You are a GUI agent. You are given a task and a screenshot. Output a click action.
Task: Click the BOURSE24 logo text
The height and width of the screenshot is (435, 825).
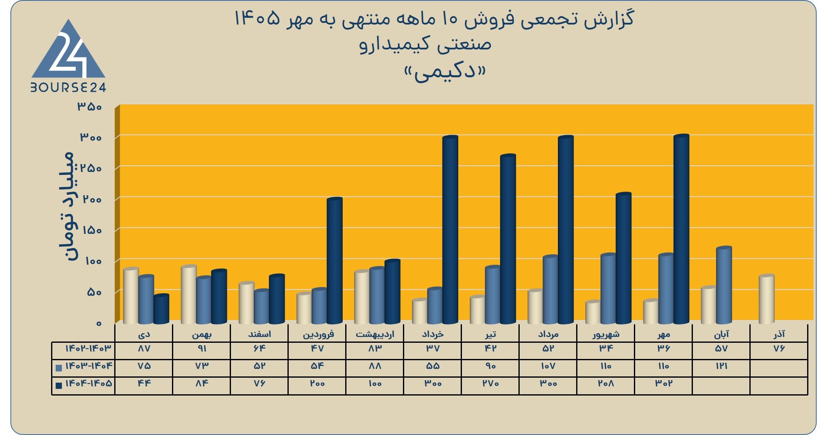tap(68, 87)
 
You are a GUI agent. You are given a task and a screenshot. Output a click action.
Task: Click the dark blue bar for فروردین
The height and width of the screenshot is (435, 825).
tap(334, 261)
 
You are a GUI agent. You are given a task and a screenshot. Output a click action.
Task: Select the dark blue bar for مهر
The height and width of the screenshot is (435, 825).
tap(681, 229)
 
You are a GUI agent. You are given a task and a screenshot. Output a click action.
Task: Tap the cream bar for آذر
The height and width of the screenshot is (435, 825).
tap(766, 299)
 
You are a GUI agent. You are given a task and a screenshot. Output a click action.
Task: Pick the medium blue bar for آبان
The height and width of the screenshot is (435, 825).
tap(724, 285)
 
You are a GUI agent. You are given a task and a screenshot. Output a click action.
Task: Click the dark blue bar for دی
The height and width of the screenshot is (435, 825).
tap(161, 309)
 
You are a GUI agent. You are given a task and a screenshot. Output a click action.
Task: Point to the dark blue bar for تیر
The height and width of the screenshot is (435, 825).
tap(508, 239)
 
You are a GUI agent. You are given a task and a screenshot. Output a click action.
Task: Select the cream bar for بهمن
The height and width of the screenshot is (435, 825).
tap(189, 294)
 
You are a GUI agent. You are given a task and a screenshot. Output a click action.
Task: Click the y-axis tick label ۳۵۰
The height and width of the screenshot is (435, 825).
tap(89, 107)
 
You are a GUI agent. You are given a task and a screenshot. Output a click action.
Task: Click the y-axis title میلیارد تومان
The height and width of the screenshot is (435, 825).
tap(67, 206)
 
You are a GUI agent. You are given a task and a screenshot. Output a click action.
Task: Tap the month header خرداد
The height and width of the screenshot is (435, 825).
tap(432, 334)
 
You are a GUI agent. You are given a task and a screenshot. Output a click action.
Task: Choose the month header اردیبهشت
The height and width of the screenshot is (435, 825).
tap(375, 334)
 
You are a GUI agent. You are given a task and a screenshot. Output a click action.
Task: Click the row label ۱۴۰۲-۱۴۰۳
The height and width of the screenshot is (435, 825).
tap(88, 348)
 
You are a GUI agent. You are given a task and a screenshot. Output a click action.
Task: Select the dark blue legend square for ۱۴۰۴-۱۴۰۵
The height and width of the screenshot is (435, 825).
tap(59, 385)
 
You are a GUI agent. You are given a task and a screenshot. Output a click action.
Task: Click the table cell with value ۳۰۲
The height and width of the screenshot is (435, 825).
tap(663, 383)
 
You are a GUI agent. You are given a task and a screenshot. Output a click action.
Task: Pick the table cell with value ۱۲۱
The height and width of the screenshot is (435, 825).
tap(722, 366)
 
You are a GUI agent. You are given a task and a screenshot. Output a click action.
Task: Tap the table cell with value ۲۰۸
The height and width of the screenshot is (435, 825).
tap(606, 383)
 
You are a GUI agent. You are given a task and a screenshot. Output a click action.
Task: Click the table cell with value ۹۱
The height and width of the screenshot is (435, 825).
tap(202, 349)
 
